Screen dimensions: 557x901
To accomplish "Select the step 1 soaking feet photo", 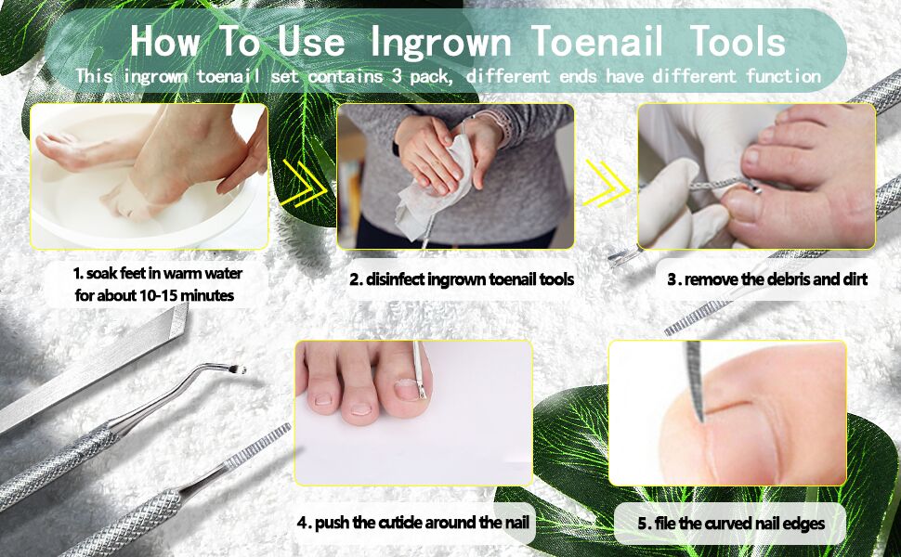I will click(149, 175).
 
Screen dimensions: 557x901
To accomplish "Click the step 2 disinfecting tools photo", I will click(455, 175).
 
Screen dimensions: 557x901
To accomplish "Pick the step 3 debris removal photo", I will click(756, 175).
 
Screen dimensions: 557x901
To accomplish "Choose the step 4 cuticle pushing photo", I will click(413, 411).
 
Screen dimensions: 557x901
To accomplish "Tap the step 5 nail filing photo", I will click(727, 412).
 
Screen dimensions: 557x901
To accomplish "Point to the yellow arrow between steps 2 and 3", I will click(605, 181).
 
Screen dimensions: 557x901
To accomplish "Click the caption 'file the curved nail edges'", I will click(731, 523).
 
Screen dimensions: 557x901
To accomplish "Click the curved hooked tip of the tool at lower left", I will click(238, 369).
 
